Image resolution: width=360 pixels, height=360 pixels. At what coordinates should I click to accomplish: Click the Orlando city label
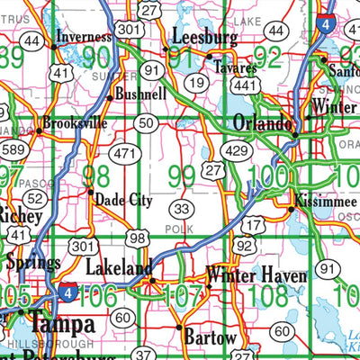[263, 122]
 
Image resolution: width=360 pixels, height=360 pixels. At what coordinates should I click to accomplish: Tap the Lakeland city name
[118, 268]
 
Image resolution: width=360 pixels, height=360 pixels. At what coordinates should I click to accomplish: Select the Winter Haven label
[257, 274]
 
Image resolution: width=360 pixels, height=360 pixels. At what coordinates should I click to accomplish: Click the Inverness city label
[83, 37]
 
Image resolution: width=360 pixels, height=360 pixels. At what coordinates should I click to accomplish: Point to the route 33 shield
[182, 210]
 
